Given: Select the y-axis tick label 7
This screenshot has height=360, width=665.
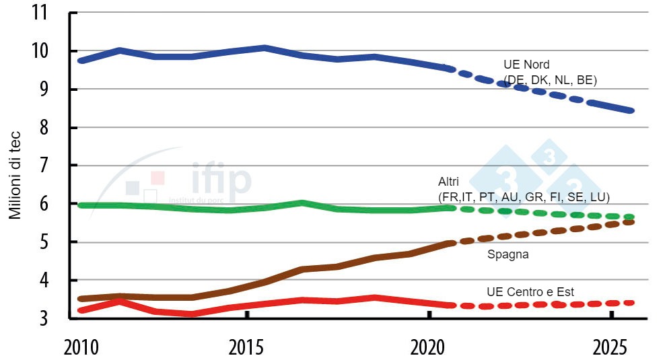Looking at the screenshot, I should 50,166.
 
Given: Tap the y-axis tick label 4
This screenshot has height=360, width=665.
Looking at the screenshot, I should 50,280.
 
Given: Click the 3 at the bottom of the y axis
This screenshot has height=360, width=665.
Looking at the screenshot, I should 50,318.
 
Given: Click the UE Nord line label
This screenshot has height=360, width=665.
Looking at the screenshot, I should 526,65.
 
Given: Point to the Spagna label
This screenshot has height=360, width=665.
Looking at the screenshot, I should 508,255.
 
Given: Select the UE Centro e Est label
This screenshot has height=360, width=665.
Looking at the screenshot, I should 530,291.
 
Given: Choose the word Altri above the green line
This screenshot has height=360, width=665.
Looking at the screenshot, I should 450,183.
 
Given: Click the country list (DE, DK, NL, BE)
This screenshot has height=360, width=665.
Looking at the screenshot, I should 550,80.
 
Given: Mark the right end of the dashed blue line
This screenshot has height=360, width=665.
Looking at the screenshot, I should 631,110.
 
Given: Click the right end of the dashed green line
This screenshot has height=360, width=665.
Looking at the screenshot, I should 631,217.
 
